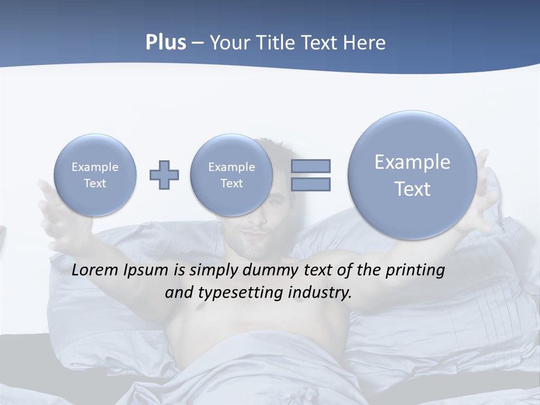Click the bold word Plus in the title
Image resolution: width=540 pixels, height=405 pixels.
[165, 43]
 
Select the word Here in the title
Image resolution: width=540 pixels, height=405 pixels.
[364, 43]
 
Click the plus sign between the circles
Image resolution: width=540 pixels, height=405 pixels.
[164, 175]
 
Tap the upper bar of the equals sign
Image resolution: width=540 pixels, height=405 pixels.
[310, 166]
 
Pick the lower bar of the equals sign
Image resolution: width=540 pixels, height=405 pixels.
[310, 184]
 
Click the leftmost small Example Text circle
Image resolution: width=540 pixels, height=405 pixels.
[95, 175]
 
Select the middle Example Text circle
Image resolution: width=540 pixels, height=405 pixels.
[231, 175]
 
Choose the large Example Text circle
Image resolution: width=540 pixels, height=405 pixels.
[412, 175]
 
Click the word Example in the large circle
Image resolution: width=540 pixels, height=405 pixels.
[412, 162]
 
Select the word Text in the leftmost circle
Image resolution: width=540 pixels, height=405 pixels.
[95, 183]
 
